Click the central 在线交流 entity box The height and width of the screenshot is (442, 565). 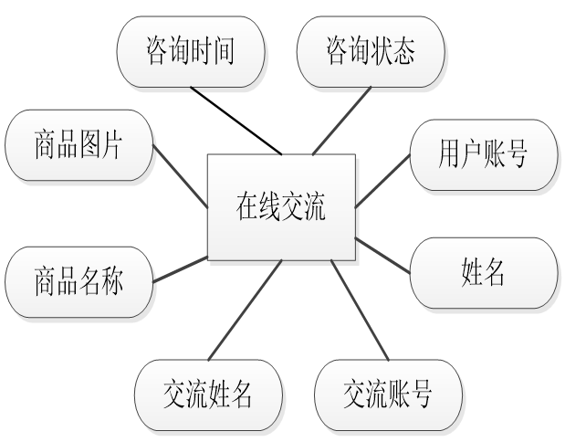[281, 206]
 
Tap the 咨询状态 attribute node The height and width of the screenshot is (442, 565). [371, 51]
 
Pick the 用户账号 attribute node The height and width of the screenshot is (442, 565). [483, 154]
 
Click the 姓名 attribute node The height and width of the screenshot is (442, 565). [483, 272]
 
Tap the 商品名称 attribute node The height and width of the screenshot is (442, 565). [78, 279]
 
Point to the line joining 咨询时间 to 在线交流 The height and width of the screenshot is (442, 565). [235, 120]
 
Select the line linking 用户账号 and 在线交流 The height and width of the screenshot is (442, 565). [382, 181]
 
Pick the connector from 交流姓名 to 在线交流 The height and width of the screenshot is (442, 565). [246, 310]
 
